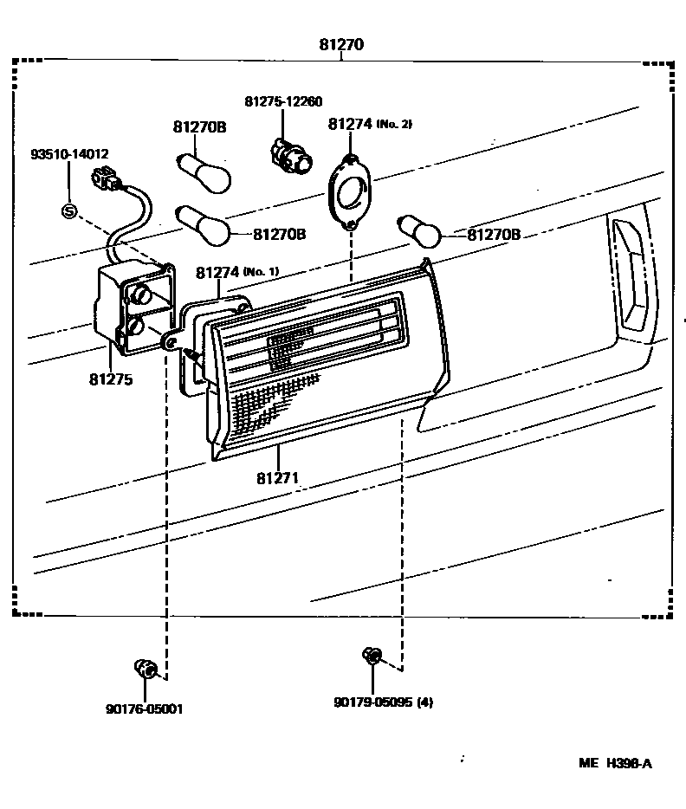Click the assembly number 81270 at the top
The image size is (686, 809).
coord(342,45)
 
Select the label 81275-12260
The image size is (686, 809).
coord(283,101)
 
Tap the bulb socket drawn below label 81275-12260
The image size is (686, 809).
coord(288,154)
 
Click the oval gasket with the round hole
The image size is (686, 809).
coord(350,193)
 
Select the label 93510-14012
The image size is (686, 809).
coord(69,155)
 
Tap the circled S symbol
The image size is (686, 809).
coord(69,210)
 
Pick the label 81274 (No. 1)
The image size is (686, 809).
coord(236,272)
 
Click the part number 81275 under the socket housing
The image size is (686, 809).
coord(110,379)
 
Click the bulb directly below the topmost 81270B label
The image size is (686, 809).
coord(205,169)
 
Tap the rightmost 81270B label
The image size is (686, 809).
coord(494,235)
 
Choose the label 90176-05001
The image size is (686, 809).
coord(145,708)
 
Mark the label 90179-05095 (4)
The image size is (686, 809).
coord(383,702)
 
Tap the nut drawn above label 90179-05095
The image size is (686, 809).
coord(373,657)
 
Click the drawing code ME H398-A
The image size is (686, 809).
coord(615,763)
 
